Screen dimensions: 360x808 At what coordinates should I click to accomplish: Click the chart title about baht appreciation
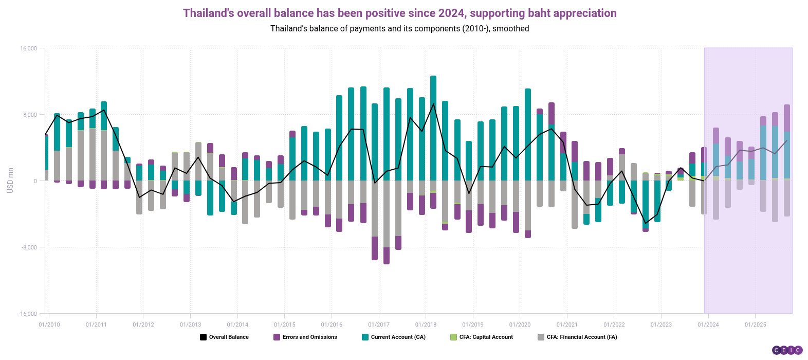click(x=399, y=13)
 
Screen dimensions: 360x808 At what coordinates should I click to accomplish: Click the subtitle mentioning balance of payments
click(x=399, y=29)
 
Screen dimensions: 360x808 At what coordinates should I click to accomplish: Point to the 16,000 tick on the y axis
click(x=29, y=48)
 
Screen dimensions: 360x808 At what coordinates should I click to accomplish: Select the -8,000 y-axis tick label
click(x=29, y=247)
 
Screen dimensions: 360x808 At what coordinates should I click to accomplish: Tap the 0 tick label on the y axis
click(x=35, y=181)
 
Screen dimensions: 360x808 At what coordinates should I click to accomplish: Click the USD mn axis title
click(x=10, y=181)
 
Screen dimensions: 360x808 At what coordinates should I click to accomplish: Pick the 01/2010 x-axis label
click(x=49, y=325)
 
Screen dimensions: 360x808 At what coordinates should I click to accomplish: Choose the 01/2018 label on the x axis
click(x=426, y=325)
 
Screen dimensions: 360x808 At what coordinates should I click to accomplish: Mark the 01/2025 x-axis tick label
click(x=755, y=325)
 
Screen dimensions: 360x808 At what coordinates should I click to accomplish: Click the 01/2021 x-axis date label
click(x=567, y=325)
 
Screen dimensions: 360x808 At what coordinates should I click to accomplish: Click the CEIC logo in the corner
click(x=787, y=350)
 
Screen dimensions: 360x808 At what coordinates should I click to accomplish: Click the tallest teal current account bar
click(x=433, y=129)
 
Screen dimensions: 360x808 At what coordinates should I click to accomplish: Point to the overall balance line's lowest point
click(x=646, y=224)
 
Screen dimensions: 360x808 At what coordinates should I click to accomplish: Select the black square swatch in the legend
click(x=203, y=337)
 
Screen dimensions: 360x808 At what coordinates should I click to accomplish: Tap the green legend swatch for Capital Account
click(x=453, y=337)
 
